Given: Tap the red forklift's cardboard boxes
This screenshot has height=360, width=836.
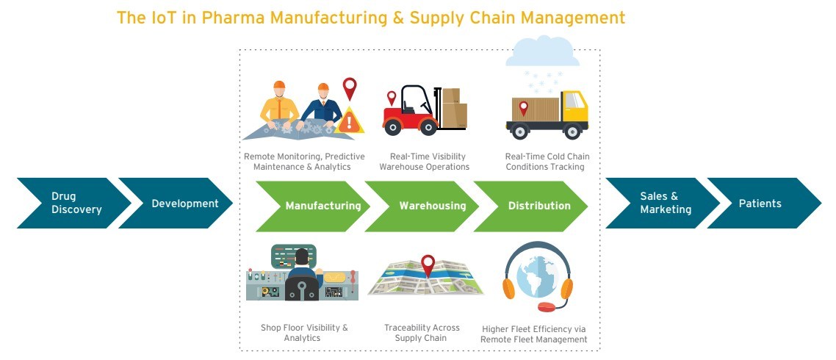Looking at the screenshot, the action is pos(454,108).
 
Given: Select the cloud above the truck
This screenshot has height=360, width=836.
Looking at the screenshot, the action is pos(541,51).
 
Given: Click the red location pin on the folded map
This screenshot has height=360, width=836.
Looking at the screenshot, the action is pos(428,266).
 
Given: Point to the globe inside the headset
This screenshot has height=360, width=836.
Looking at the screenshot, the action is pos(537,276).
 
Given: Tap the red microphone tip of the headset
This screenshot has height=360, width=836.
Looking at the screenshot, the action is pos(547,306).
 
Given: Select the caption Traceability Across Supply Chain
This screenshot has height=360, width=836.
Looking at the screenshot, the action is pos(421,333).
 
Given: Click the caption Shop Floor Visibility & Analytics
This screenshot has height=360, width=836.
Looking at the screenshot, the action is pos(303,333).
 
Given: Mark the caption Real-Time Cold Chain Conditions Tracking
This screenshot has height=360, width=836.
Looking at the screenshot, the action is pos(547,162).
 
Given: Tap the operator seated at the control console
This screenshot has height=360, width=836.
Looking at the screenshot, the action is pos(302,274).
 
